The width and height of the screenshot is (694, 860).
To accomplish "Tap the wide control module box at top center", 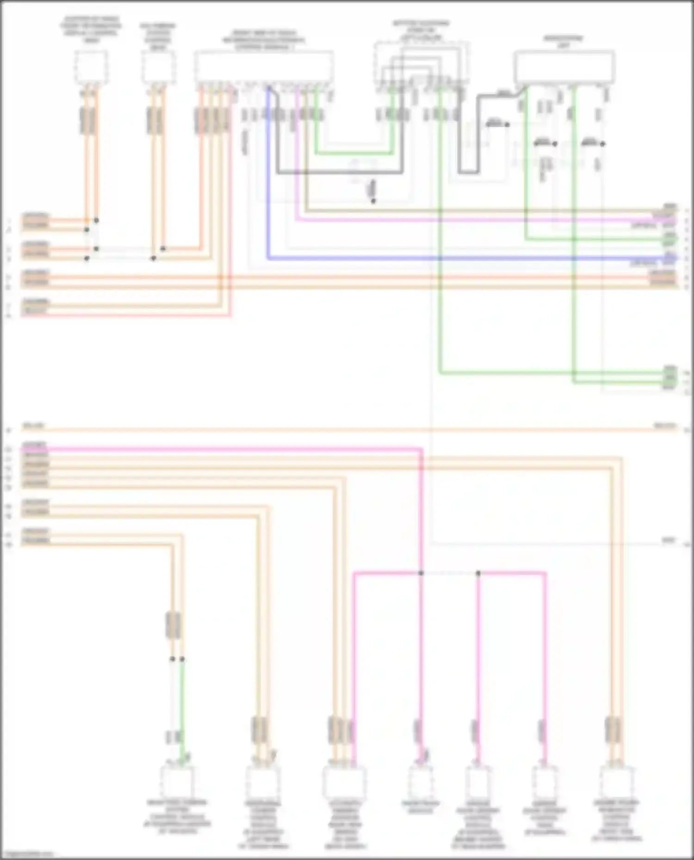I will click(x=263, y=67).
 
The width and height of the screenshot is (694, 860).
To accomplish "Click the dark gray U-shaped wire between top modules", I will click(x=340, y=173).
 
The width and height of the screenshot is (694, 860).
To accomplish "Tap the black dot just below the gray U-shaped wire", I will click(x=373, y=201).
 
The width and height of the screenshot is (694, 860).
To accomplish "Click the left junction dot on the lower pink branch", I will click(x=421, y=573).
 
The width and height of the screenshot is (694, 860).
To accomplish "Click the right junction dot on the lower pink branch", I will click(x=478, y=573).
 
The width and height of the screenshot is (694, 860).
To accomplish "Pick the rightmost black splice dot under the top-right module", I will click(x=602, y=144).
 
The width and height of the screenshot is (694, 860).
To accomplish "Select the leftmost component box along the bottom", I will click(x=177, y=781).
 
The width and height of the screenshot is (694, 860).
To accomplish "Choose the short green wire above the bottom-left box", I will click(x=182, y=698).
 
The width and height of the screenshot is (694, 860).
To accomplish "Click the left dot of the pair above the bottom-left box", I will click(x=172, y=659).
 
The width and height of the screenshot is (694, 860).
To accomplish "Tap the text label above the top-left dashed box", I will click(x=91, y=30).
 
